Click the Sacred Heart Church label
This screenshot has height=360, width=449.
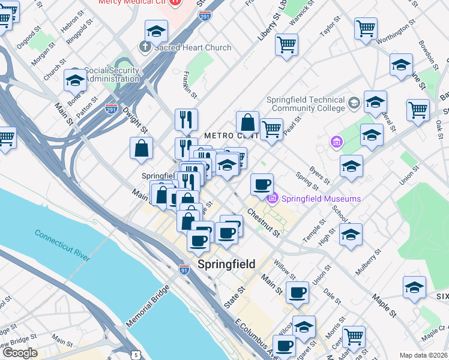[185, 47]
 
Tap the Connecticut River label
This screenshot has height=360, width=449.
[62, 245]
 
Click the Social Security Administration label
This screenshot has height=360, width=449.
[112, 74]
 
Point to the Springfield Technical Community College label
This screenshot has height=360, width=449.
[308, 104]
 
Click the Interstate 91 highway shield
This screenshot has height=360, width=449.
[184, 271]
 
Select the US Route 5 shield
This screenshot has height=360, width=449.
[136, 355]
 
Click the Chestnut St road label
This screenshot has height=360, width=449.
[263, 222]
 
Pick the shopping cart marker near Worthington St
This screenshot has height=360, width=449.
[366, 28]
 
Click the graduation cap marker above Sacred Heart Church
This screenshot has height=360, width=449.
[156, 31]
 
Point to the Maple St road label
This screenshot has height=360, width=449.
[384, 305]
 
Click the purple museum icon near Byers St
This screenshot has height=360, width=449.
[336, 142]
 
